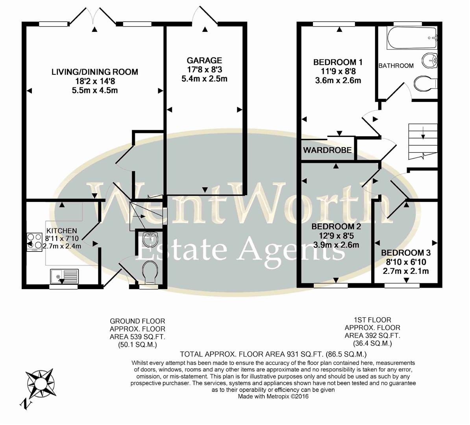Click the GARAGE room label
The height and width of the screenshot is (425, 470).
pyautogui.click(x=204, y=61)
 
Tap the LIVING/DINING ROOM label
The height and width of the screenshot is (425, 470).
pyautogui.click(x=95, y=72)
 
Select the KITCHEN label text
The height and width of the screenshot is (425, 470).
pyautogui.click(x=62, y=231)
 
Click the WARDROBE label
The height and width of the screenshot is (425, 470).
pyautogui.click(x=328, y=150)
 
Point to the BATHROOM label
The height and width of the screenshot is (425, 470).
pyautogui.click(x=396, y=66)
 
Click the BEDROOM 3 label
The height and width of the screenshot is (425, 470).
pyautogui.click(x=406, y=253)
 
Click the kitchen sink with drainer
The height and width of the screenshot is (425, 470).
pyautogui.click(x=64, y=277)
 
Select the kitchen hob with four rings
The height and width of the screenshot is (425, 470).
pyautogui.click(x=34, y=241)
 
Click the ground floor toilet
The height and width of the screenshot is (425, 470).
pyautogui.click(x=149, y=272)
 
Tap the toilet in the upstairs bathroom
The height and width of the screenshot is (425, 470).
pyautogui.click(x=425, y=83)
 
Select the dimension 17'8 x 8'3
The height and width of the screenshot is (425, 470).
pyautogui.click(x=204, y=70)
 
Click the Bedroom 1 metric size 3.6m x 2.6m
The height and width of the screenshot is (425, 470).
pyautogui.click(x=338, y=81)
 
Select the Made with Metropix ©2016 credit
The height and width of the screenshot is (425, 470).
pyautogui.click(x=273, y=396)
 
